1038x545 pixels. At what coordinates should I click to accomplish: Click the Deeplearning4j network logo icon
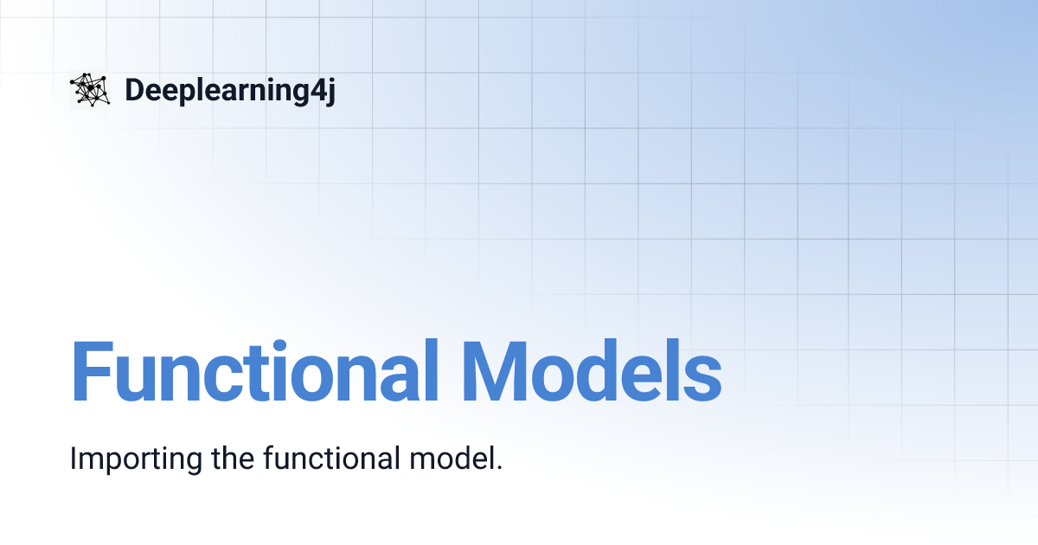90,90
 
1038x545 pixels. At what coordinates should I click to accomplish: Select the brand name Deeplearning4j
229,90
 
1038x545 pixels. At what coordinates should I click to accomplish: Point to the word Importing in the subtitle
134,458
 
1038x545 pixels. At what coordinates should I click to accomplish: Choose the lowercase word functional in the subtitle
328,458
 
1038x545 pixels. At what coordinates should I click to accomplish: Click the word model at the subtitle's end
454,458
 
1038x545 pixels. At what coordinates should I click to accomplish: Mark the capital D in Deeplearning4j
135,90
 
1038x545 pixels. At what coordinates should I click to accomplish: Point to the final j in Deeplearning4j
329,92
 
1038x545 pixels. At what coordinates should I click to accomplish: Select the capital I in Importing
74,458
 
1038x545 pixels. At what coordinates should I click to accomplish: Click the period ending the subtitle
499,467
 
